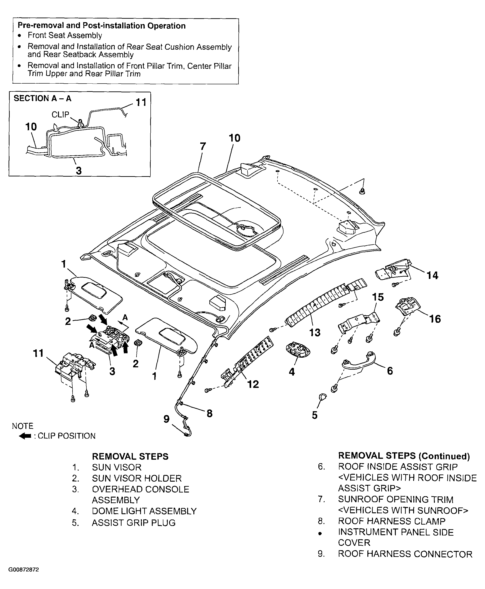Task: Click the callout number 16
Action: [435, 319]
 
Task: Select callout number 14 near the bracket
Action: [433, 275]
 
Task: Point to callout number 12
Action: [253, 384]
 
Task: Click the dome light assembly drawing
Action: [298, 350]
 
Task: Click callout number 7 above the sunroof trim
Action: [203, 146]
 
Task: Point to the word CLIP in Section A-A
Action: [60, 115]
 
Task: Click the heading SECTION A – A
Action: [43, 98]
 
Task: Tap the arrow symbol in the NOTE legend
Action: [25, 436]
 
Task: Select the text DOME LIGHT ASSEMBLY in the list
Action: [144, 511]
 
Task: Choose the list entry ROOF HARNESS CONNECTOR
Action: [405, 554]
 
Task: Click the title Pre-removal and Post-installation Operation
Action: [102, 26]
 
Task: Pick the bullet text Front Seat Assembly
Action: [65, 36]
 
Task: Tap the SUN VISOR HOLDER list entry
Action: [137, 478]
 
